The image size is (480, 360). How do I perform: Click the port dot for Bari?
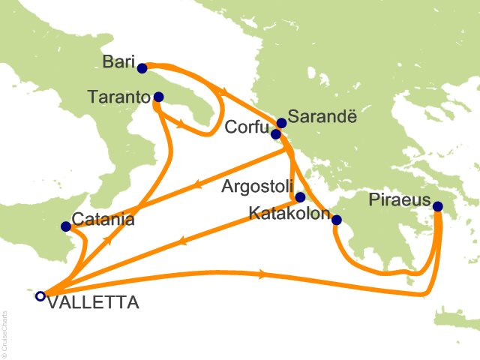(x=142, y=68)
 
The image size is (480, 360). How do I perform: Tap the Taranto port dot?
(x=158, y=97)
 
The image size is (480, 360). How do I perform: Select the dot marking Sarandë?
(x=281, y=124)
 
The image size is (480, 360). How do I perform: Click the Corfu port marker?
(x=275, y=134)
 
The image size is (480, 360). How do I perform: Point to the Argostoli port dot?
(x=300, y=198)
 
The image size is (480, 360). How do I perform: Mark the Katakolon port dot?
(x=336, y=220)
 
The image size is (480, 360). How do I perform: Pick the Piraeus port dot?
(x=437, y=206)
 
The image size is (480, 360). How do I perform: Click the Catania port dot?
(x=65, y=226)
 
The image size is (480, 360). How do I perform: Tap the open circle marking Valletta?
(x=40, y=295)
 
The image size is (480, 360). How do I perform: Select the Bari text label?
(x=118, y=60)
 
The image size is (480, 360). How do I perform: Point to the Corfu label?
(x=247, y=128)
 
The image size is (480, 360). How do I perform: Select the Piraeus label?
(x=399, y=200)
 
